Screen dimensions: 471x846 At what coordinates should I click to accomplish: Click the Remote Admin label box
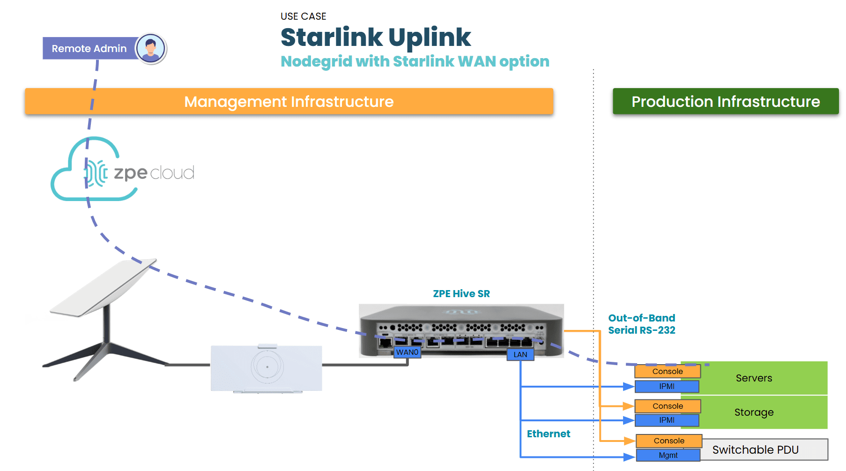[x=89, y=48]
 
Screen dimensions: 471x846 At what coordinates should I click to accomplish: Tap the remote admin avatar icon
[x=150, y=48]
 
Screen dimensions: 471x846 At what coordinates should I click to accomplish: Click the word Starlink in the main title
[x=332, y=37]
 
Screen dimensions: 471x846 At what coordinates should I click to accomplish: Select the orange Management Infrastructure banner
[x=289, y=101]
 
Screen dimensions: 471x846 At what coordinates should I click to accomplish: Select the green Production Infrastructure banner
[x=725, y=101]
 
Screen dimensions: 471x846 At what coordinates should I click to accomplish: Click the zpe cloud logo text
[x=154, y=173]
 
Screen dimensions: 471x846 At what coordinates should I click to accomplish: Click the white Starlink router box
[x=266, y=368]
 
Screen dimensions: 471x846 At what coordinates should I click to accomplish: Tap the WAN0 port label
[x=407, y=352]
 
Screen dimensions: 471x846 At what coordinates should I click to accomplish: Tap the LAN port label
[x=520, y=355]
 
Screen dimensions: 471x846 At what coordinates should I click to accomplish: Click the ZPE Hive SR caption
[x=461, y=294]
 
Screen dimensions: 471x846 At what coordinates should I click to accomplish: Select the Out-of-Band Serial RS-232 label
[x=641, y=324]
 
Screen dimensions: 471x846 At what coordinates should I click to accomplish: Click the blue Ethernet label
[x=548, y=434]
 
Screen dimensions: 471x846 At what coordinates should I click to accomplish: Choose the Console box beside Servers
[x=667, y=371]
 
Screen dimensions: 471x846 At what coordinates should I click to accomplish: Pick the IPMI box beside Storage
[x=667, y=420]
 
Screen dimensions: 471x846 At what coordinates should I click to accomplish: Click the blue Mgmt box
[x=668, y=455]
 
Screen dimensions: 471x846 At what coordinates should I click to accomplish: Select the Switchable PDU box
[x=764, y=449]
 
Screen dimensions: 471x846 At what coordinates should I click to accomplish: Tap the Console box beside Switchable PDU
[x=668, y=441]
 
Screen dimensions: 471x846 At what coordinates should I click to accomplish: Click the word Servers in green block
[x=753, y=378]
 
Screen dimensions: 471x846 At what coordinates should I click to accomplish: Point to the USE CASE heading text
[x=303, y=16]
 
